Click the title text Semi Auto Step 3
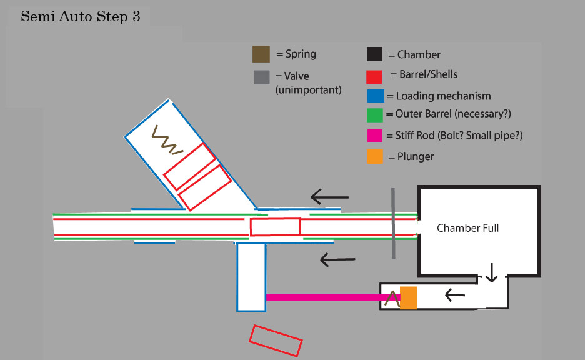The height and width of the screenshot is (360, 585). click(80, 17)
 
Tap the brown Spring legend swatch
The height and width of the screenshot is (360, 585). click(261, 54)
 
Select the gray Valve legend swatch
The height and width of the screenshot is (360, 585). click(261, 77)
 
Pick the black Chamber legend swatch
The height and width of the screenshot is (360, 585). click(374, 54)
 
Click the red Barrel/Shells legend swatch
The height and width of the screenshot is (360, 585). click(374, 76)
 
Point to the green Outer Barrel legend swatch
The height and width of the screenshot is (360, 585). click(375, 116)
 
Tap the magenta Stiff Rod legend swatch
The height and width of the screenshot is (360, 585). click(375, 136)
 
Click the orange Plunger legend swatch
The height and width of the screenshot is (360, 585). click(375, 156)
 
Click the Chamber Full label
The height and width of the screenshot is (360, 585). click(467, 228)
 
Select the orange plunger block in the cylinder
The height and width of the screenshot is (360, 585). click(408, 297)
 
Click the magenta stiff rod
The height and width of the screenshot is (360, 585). click(325, 297)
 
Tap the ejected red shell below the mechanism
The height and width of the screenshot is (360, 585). click(276, 341)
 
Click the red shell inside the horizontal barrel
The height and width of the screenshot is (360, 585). click(275, 226)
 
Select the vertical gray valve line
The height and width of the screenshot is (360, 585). click(393, 223)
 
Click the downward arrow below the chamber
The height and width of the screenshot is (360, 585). click(492, 272)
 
